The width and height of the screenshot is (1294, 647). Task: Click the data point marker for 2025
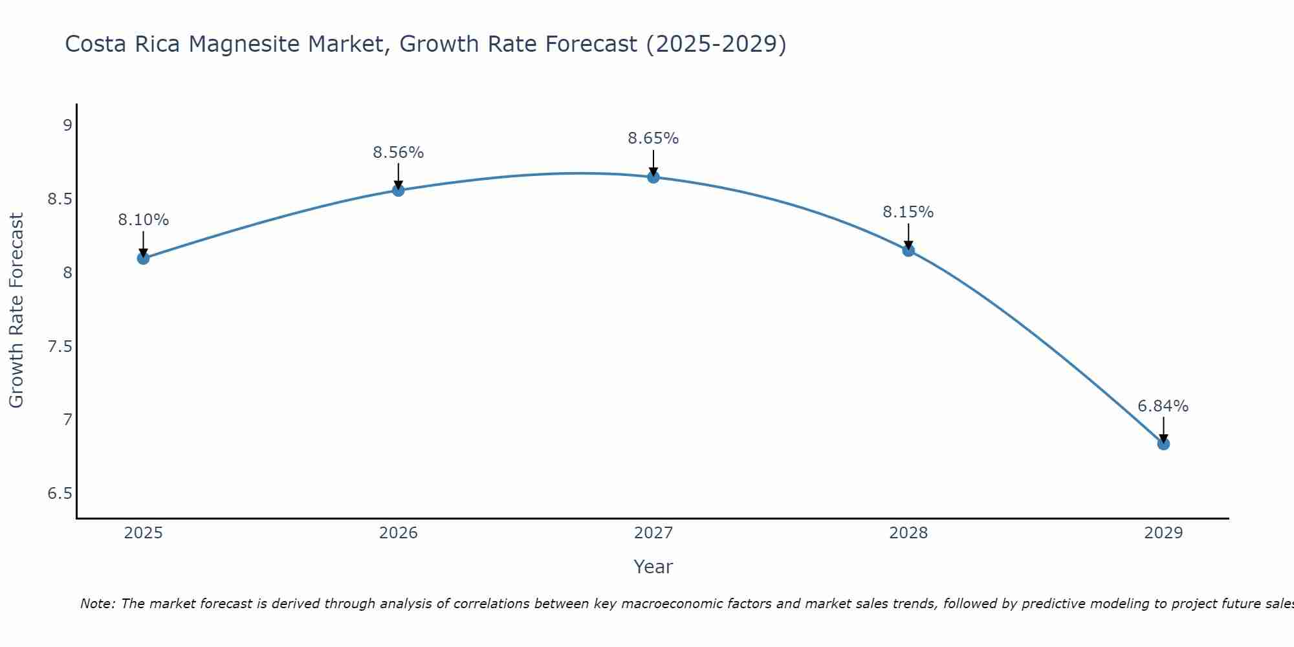coord(143,258)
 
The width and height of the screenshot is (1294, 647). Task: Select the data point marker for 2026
coord(399,190)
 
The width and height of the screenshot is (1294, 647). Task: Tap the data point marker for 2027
coord(653,177)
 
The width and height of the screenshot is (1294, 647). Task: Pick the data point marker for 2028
coord(908,250)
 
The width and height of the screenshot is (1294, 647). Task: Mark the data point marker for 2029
coord(1163,444)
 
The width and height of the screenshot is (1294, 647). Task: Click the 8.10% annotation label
coord(143,220)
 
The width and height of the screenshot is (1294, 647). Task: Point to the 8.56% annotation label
coord(399,153)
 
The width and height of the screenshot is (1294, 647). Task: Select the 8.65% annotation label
coord(653,138)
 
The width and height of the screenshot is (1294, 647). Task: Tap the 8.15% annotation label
coord(908,212)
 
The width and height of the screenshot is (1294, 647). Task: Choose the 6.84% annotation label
coord(1163,406)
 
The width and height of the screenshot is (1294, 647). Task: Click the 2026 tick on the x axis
coord(399,533)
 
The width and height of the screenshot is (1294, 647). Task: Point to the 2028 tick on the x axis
coord(908,533)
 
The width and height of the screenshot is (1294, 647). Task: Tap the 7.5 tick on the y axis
coord(60,347)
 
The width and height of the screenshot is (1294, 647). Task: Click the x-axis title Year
coord(653,567)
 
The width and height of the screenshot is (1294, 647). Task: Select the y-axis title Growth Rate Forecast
coord(17,311)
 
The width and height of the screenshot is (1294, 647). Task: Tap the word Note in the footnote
coord(97,604)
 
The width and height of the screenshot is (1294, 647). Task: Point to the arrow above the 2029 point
coord(1163,429)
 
